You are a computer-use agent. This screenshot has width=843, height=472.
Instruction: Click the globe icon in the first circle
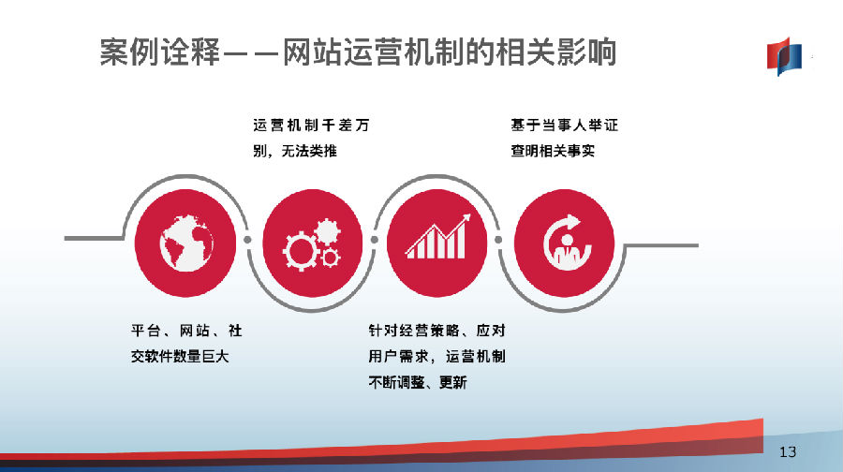click(186, 243)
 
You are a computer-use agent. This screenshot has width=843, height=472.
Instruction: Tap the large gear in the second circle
click(301, 251)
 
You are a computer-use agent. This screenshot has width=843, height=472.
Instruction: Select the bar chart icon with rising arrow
click(438, 237)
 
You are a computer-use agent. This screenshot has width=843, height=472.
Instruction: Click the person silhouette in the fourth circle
click(567, 252)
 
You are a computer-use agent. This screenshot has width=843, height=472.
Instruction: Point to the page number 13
click(788, 451)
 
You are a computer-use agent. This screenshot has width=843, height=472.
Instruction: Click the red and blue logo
click(784, 56)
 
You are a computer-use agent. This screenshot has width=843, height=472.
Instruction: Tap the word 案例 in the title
click(129, 52)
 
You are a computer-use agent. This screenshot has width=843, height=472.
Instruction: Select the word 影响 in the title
click(586, 52)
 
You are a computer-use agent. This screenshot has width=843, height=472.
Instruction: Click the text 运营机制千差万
click(311, 125)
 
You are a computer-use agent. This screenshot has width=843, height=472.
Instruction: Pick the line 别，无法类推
click(295, 151)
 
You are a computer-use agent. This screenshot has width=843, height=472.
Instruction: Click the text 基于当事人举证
click(565, 125)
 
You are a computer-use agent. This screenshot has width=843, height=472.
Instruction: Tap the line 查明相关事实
click(553, 151)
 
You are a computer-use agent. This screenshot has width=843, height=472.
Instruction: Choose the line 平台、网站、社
click(186, 331)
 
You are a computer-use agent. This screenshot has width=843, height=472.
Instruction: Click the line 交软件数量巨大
click(180, 357)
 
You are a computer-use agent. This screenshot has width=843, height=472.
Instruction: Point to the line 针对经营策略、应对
click(437, 331)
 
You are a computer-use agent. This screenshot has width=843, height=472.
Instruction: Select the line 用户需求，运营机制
click(437, 357)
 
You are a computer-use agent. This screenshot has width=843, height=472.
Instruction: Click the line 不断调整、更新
click(418, 382)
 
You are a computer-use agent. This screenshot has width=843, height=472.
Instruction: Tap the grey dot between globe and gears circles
click(247, 239)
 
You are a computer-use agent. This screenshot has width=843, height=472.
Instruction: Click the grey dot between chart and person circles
click(498, 240)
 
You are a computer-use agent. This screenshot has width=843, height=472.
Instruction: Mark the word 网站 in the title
click(312, 52)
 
